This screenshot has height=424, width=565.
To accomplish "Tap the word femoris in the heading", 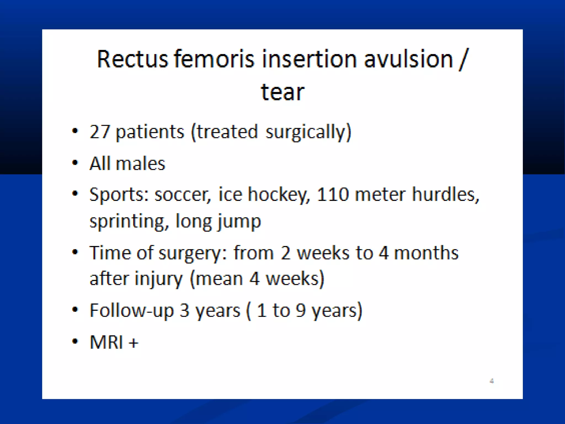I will (x=214, y=59).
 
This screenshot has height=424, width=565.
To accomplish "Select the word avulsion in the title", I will (x=409, y=59).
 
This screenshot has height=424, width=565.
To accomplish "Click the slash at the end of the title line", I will (x=464, y=60).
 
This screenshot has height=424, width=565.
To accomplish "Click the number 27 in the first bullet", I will (x=100, y=132).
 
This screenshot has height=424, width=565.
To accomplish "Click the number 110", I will (x=333, y=194).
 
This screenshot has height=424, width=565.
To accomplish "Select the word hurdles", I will (x=446, y=194).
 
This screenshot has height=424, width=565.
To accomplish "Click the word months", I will (x=426, y=253).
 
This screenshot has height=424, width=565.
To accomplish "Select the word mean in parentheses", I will (x=219, y=279).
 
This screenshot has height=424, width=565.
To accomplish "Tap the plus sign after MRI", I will (x=134, y=343).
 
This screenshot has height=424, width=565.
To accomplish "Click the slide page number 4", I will (x=492, y=381).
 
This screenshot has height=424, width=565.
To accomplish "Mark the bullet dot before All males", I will (x=75, y=163).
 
